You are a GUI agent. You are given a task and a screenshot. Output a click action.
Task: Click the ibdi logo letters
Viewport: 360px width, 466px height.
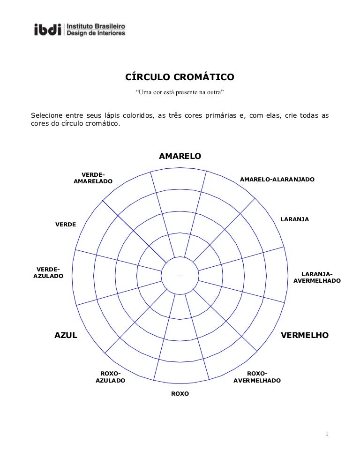(47, 30)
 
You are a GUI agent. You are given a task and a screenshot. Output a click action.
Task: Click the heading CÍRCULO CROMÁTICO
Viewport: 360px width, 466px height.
(180, 77)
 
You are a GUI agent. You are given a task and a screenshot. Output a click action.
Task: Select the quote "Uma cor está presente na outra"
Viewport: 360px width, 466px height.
(180, 92)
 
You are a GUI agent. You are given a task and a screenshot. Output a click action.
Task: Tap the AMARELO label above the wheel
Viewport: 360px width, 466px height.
(180, 156)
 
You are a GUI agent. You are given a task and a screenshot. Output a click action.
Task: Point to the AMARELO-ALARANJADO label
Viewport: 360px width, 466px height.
(277, 179)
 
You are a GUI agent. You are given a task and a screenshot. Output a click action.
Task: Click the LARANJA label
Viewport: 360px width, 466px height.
(294, 219)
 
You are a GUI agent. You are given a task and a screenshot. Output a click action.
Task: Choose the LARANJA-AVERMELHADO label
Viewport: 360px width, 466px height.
(317, 277)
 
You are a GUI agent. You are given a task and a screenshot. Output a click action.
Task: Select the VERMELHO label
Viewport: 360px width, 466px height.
(305, 335)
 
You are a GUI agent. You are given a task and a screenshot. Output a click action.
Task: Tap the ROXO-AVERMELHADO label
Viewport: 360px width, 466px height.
(257, 377)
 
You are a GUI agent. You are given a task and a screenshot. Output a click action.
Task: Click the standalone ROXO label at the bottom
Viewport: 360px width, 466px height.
(180, 393)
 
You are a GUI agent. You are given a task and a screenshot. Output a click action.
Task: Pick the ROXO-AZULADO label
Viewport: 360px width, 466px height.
(110, 377)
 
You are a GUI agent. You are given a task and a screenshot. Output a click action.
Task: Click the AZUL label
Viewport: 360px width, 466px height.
(66, 335)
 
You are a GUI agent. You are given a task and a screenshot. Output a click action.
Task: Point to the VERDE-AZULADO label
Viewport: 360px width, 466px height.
(48, 272)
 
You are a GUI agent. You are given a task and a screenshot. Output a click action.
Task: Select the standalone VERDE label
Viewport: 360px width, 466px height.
(66, 225)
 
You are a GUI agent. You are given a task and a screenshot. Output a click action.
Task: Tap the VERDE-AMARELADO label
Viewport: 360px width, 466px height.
(93, 178)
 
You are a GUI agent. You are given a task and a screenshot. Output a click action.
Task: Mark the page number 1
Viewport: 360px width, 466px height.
(327, 434)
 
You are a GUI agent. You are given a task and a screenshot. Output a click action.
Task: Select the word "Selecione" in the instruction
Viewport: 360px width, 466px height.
(47, 115)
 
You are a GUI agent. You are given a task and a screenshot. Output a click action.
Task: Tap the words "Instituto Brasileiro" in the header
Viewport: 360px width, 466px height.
(96, 26)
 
